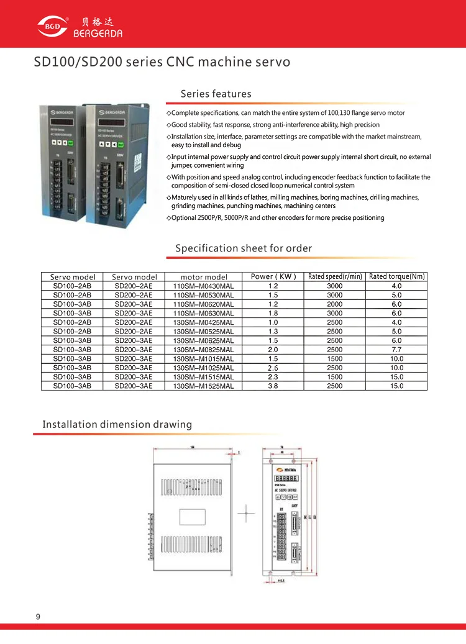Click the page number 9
(x=39, y=617)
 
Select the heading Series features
(x=216, y=94)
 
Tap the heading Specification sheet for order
(x=244, y=248)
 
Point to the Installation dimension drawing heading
(x=117, y=425)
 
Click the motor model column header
(x=204, y=277)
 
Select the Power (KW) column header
(x=273, y=276)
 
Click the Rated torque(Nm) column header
(x=397, y=276)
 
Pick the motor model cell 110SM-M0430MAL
(x=204, y=286)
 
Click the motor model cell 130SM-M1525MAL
(x=204, y=386)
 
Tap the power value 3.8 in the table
(x=273, y=386)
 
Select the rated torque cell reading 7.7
(x=397, y=350)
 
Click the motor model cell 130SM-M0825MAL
(x=204, y=350)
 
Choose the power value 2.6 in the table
(x=273, y=368)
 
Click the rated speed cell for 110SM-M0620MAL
(x=334, y=304)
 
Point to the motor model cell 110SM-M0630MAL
(x=204, y=314)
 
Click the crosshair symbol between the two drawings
(x=247, y=513)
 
